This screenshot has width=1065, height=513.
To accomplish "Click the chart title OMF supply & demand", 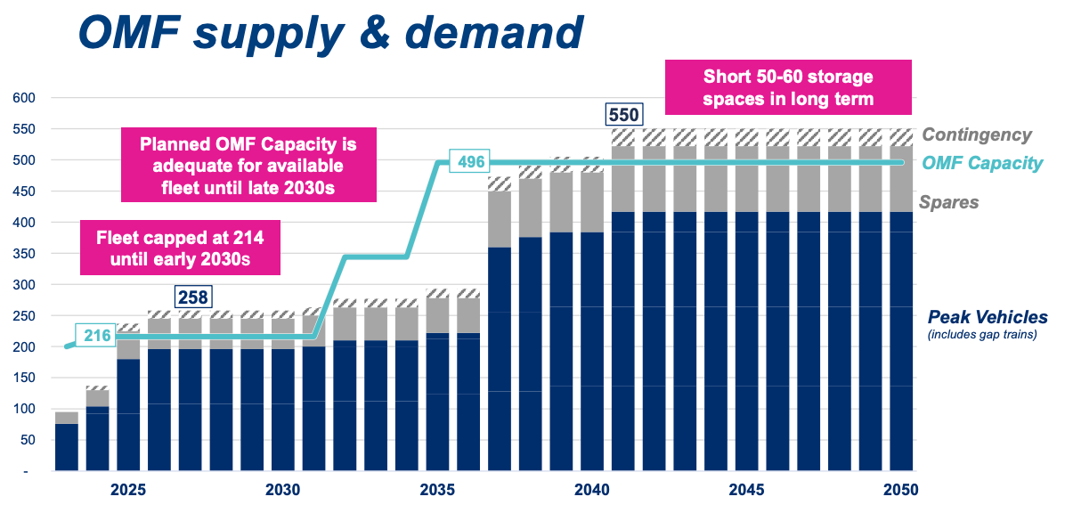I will pos(330,32).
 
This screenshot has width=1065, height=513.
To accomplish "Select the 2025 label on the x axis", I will pos(128,490).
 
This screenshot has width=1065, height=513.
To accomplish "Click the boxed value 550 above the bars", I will pos(623,115).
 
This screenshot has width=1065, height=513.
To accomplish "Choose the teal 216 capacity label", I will pos(97,336).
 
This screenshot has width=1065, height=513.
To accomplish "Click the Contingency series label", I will pos(977,135).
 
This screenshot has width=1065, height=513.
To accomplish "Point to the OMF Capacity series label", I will pos(981,163).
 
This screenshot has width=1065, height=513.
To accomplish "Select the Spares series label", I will pos(950,202).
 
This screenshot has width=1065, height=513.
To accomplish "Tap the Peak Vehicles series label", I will pos(988,317).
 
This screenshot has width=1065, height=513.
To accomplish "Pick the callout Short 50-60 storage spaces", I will pos(788,87).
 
